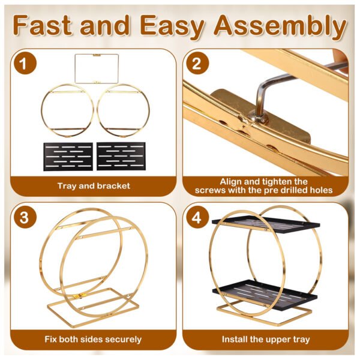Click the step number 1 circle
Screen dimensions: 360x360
(x=25, y=63)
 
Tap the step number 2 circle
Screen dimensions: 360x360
(x=197, y=63)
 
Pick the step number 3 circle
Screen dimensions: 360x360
(x=25, y=217)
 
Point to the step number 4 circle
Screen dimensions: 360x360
(x=197, y=217)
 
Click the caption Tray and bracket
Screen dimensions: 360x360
(x=94, y=186)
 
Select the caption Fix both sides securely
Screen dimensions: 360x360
(x=93, y=340)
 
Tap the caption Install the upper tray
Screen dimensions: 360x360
(x=266, y=340)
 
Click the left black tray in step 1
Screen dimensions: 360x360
(x=68, y=157)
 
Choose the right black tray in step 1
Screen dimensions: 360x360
(x=121, y=156)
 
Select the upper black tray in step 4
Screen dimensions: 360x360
(x=266, y=224)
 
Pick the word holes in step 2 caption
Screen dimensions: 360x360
(x=321, y=190)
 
